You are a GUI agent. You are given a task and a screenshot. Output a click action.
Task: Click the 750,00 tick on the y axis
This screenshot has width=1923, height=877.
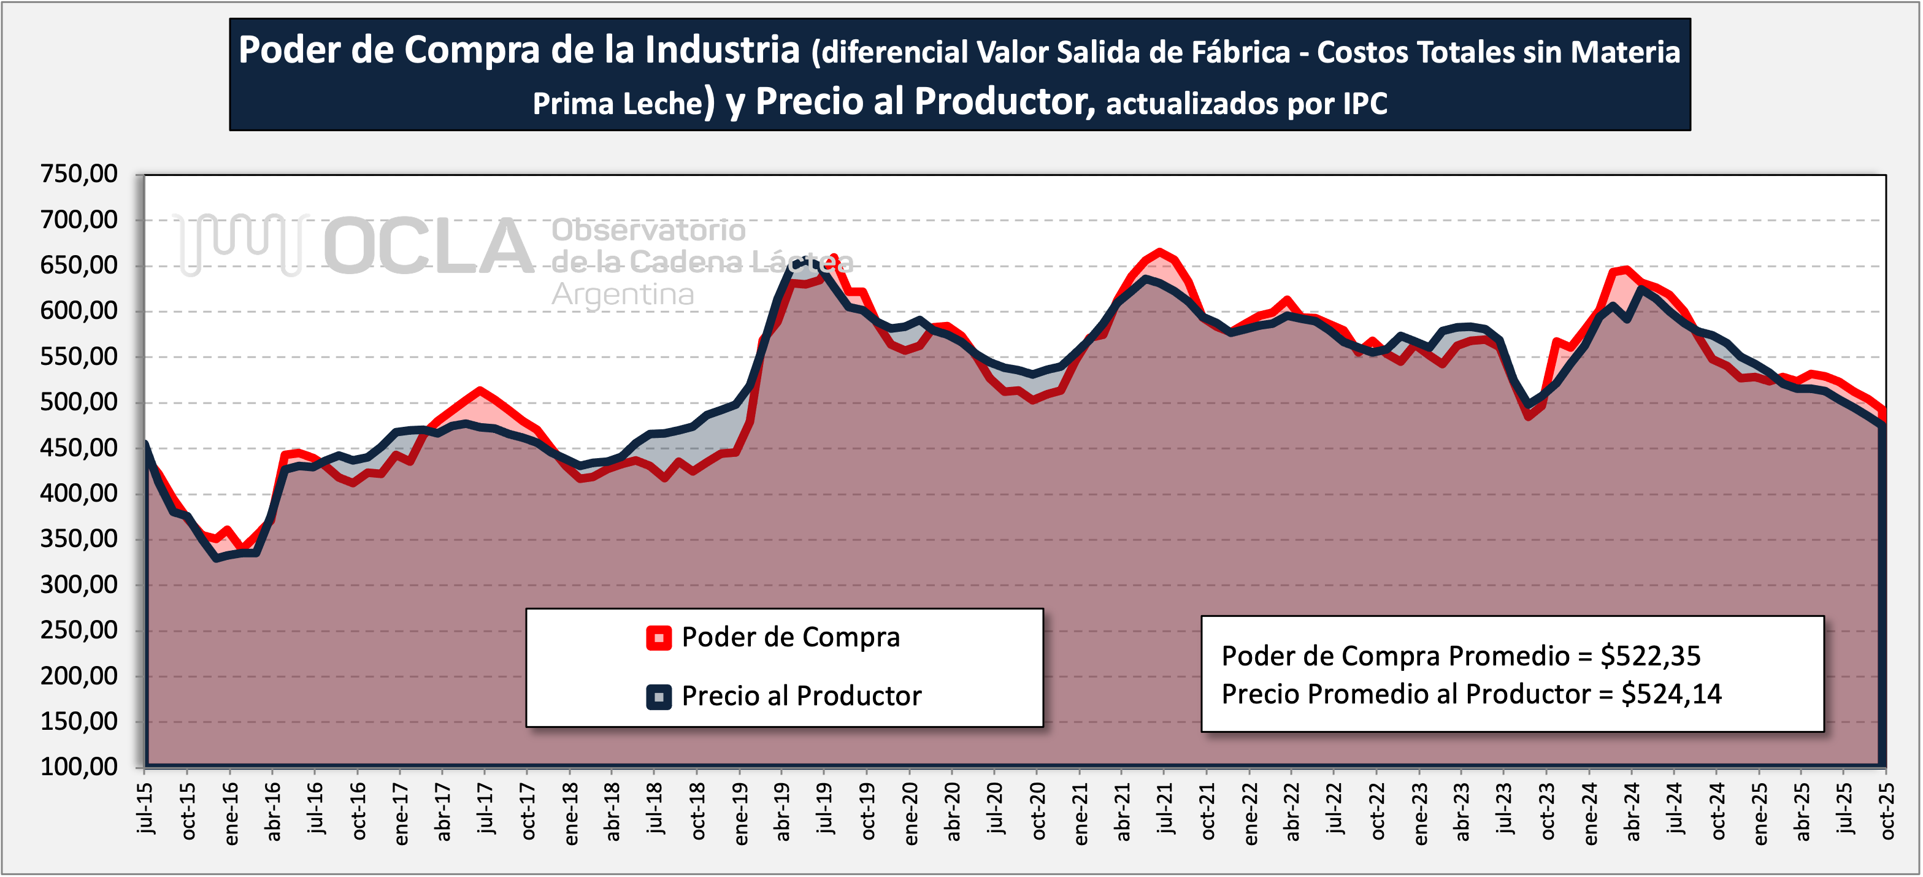click(x=79, y=174)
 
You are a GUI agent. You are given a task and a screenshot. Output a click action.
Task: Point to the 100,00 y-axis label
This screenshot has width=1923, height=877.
click(x=79, y=767)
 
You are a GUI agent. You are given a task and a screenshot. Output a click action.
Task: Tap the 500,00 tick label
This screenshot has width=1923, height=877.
click(x=79, y=402)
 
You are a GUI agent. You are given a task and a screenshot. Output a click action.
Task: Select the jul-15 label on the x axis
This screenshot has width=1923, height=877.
click(x=145, y=808)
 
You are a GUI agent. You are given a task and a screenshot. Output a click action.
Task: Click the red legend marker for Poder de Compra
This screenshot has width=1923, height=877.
click(x=658, y=638)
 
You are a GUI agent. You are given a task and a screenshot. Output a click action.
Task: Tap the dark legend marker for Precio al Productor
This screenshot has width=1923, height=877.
click(x=658, y=697)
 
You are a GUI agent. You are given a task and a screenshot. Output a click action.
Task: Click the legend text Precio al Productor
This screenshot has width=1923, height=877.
click(x=801, y=696)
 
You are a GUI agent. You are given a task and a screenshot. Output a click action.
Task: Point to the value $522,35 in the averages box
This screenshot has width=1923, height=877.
click(x=1651, y=656)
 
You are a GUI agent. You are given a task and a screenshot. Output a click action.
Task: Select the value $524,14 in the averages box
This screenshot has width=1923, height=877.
click(x=1672, y=694)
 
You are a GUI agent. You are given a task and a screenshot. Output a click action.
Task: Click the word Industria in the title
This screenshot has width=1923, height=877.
click(x=722, y=51)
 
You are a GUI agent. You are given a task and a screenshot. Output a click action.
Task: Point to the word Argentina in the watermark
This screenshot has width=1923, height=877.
click(x=623, y=295)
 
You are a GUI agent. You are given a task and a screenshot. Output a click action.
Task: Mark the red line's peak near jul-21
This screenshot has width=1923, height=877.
click(x=1159, y=251)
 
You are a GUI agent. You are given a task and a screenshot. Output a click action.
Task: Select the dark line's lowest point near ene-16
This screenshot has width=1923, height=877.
click(x=217, y=558)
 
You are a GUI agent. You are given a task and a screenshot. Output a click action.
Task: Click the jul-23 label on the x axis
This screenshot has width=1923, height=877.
click(x=1504, y=808)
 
